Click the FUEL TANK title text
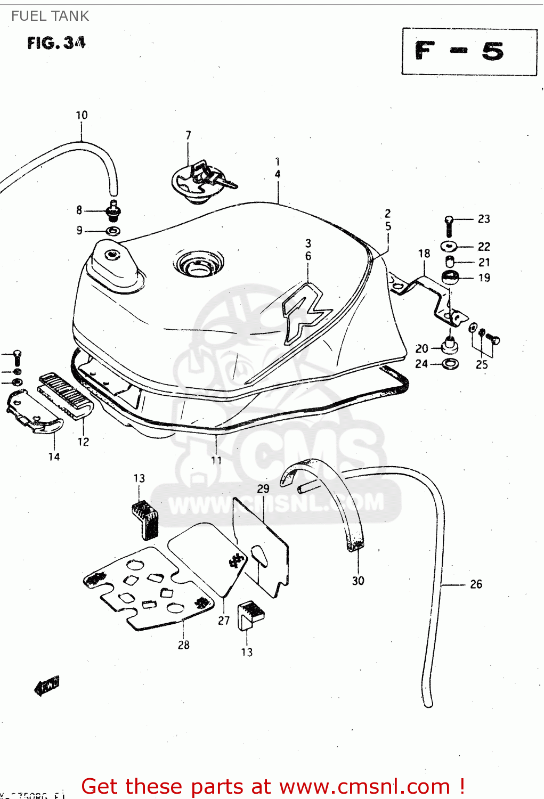point(50,16)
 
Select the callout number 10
point(82,115)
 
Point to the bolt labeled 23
point(449,226)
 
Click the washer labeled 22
point(449,246)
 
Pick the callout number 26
point(476,584)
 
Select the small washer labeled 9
point(112,231)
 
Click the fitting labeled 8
point(113,211)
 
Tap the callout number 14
point(54,456)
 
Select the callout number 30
point(358,581)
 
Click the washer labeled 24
point(450,364)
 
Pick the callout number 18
point(424,254)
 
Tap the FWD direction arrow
point(46,686)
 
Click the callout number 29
point(263,488)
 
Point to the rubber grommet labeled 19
point(451,278)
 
